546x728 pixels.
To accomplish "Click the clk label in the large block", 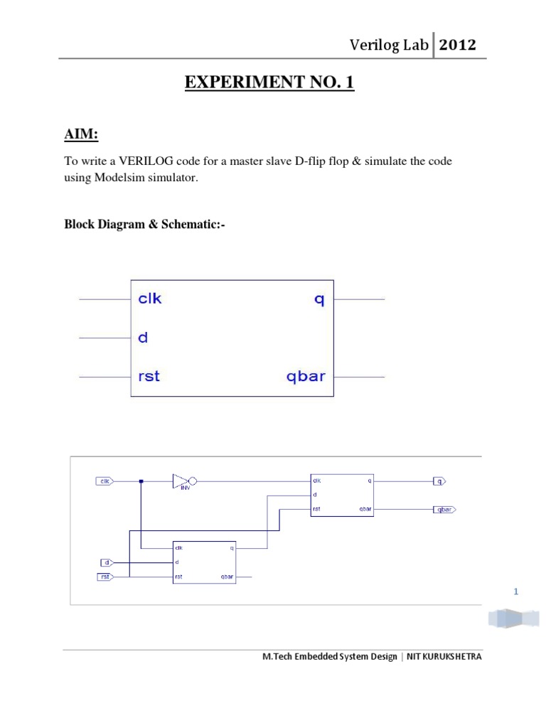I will (150, 299).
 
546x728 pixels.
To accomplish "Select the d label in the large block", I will (142, 338).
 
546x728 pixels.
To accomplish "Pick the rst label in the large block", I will (149, 376).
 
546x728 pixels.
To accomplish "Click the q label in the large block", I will (319, 299).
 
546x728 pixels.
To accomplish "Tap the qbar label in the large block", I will (305, 376).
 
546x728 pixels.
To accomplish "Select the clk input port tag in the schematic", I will (105, 481).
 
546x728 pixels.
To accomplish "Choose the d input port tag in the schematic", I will (105, 562).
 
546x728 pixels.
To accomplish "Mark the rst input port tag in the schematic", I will (105, 577).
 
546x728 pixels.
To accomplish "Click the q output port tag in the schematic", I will (439, 481).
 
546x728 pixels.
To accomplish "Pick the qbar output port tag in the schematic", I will (444, 509).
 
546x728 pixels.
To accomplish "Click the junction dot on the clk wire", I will (141, 481).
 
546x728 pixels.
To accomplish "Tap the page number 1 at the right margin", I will (516, 591).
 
